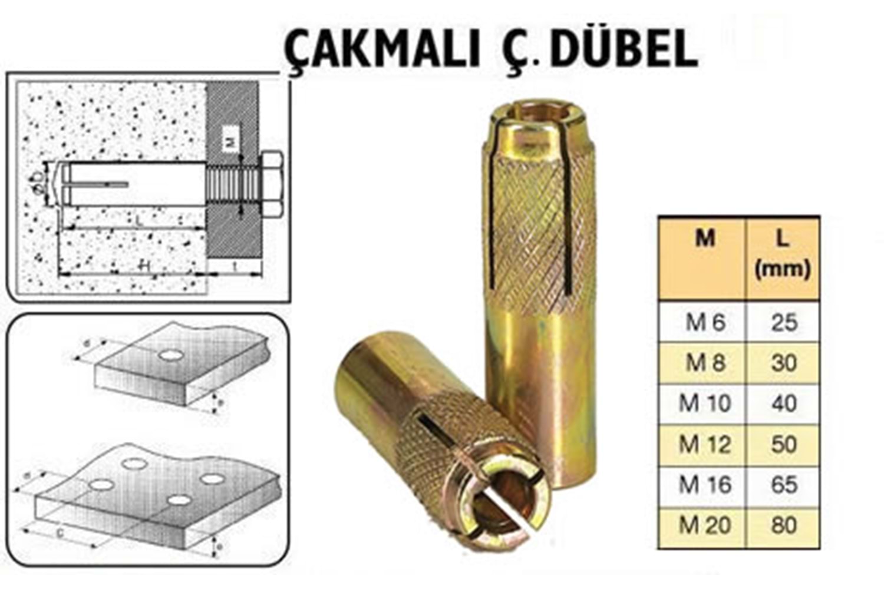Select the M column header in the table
click(705, 239)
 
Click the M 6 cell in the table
click(705, 322)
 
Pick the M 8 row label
click(705, 363)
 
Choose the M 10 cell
click(705, 403)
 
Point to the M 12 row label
click(705, 444)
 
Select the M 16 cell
click(705, 485)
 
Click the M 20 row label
click(705, 525)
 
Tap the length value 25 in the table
click(784, 322)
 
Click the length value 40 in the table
click(784, 403)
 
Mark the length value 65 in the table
click(784, 485)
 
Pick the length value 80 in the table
click(784, 525)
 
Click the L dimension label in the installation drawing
click(137, 221)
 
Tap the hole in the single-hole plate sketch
click(170, 355)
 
